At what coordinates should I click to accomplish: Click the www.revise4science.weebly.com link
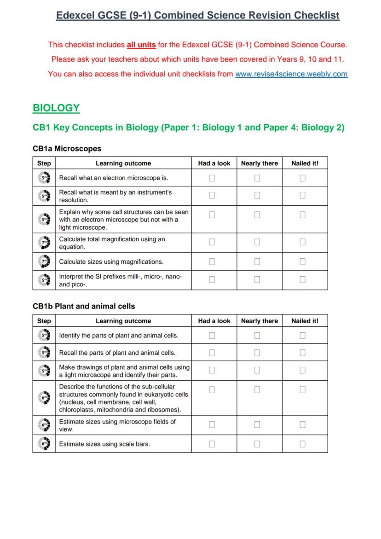coord(291,74)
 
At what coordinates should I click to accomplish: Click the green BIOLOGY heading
coord(56,108)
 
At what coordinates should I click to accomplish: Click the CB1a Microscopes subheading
coord(67,149)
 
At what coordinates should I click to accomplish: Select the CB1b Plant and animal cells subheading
coord(84,306)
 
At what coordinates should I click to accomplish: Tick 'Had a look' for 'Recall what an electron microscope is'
coord(212,178)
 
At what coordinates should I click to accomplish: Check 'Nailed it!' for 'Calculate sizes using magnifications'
coord(302,261)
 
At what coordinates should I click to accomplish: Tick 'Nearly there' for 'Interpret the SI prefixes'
coord(257,279)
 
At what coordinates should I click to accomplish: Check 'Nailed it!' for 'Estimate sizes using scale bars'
coord(302,444)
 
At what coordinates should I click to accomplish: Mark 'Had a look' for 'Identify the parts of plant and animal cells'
coord(212,336)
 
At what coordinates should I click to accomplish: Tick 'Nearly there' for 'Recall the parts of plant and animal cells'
coord(257,353)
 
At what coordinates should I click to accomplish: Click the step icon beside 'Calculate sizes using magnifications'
coord(44,262)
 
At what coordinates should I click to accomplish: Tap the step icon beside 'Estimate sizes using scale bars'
coord(44,444)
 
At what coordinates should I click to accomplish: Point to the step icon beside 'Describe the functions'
coord(44,397)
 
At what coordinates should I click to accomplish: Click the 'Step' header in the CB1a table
coord(44,163)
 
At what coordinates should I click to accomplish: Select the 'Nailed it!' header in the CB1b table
coord(305,321)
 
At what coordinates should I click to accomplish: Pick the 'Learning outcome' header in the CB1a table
coord(123,163)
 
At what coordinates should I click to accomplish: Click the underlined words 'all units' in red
coord(141,45)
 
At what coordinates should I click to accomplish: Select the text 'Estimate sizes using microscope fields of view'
coord(117,425)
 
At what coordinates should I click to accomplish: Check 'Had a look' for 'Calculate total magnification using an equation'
coord(212,242)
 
